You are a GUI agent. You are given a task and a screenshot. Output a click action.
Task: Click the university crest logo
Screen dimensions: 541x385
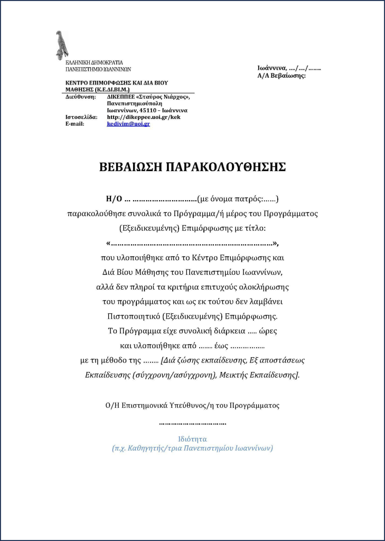[61, 44]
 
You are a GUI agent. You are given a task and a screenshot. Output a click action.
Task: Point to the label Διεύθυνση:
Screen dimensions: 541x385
[80, 97]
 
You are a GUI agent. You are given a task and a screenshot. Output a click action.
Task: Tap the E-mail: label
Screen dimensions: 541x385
[75, 124]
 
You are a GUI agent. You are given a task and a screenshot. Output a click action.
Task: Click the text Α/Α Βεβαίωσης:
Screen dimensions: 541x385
[281, 76]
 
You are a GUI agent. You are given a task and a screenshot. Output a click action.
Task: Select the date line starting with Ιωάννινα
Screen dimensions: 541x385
[289, 68]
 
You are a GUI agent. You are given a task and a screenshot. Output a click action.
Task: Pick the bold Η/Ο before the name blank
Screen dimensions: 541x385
[114, 199]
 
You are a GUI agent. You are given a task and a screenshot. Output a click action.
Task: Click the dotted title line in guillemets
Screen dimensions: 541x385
[192, 244]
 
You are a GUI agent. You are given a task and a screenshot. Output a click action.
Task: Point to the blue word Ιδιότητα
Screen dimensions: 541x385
[192, 439]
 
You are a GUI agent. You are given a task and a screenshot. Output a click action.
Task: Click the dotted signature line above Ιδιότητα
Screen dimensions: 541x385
[192, 423]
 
